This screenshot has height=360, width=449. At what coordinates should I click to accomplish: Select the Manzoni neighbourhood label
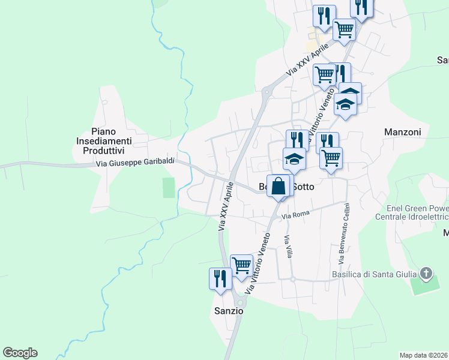pos(402,131)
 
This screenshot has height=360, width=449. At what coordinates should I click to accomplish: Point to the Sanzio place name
pos(229,311)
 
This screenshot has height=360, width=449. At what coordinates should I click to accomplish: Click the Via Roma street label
pos(295,214)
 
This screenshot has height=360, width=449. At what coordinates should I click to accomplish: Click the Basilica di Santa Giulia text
pos(375,275)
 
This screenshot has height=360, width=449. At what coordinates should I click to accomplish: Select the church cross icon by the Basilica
pos(426,274)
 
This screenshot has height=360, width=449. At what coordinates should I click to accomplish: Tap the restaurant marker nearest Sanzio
pos(220,278)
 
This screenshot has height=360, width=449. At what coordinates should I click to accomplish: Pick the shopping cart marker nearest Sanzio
pos(241,265)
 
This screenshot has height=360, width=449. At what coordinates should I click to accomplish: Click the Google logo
pos(20,353)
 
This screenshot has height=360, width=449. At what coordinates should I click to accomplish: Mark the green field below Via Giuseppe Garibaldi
pos(169,188)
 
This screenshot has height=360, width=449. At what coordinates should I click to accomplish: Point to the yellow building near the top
pos(311,46)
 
